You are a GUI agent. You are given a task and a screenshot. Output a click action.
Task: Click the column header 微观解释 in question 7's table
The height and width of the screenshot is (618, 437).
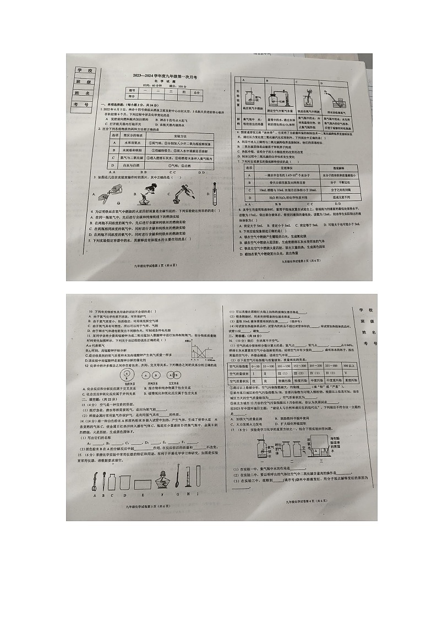coord(334,167)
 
